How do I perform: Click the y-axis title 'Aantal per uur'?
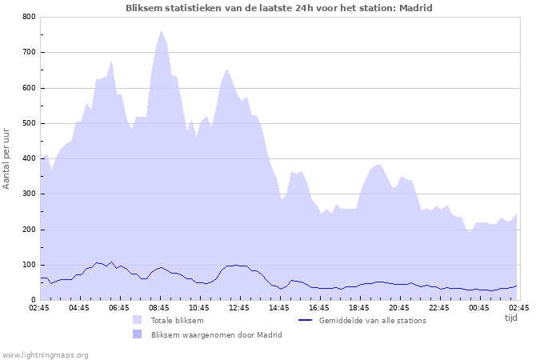(7, 158)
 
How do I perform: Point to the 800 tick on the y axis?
(29, 17)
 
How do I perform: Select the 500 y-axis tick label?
(29, 123)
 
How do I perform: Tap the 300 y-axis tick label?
(29, 194)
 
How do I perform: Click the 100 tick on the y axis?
(29, 265)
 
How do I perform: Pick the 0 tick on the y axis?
(33, 300)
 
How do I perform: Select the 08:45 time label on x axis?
(159, 307)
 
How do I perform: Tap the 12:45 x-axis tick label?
(239, 307)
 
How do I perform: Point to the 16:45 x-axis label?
(319, 307)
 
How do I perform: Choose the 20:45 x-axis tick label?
(399, 307)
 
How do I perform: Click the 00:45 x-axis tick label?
(479, 307)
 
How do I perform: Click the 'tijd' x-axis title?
(511, 317)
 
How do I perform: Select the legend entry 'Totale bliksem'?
(177, 320)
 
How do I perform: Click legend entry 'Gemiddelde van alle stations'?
(372, 320)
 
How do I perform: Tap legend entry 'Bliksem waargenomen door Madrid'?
(216, 334)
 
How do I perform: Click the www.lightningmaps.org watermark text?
(45, 354)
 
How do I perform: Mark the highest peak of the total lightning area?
(161, 31)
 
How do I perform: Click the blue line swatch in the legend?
(304, 320)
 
